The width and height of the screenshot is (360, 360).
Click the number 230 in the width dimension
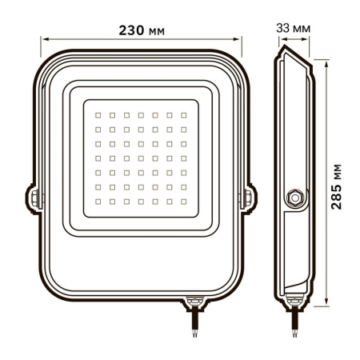click(127, 30)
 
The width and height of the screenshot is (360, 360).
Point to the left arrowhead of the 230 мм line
click(46, 37)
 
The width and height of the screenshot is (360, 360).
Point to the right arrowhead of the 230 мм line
click(238, 37)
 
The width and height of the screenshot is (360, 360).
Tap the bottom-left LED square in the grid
click(98, 200)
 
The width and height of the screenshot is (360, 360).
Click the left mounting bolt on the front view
click(34, 195)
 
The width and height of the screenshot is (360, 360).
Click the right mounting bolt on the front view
click(246, 195)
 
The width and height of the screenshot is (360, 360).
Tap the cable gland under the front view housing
click(194, 302)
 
